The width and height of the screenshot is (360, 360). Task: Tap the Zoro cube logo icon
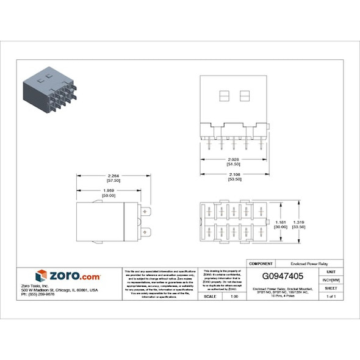41,276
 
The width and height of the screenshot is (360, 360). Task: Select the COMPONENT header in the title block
256,264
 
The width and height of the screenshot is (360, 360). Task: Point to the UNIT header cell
331,272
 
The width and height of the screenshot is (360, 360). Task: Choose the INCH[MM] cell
331,279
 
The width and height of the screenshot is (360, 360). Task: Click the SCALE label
209,296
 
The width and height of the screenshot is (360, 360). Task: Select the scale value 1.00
233,296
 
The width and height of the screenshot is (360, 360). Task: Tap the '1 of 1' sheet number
331,296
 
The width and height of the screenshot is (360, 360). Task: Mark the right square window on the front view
245,96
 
